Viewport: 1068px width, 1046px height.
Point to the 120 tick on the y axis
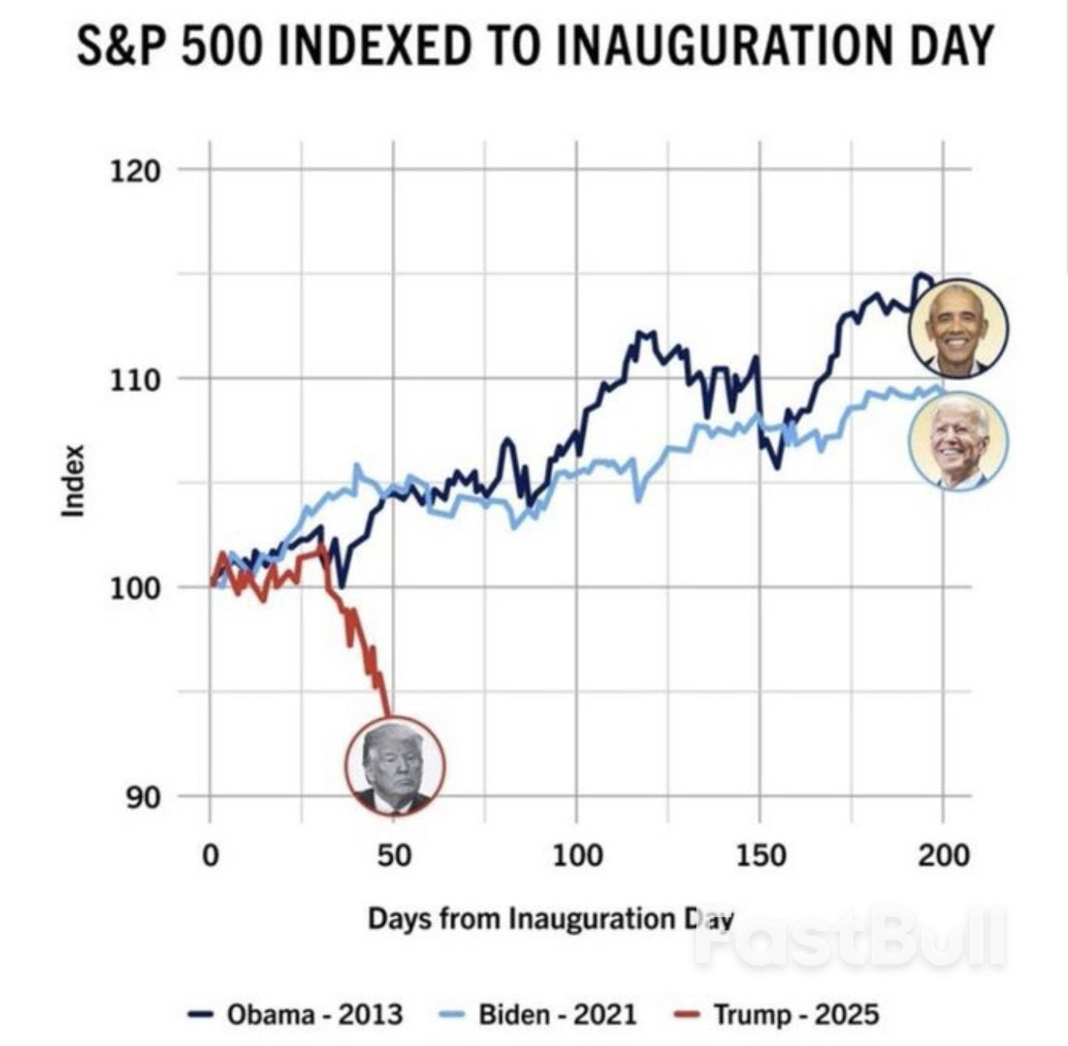[134, 169]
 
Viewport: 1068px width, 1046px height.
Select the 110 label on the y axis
[134, 379]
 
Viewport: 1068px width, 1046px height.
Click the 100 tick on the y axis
[134, 588]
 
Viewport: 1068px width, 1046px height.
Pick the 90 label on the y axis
[143, 798]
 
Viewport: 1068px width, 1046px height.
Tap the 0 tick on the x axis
[210, 856]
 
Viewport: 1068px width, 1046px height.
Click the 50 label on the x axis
[393, 856]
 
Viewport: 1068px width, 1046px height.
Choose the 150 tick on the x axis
[760, 856]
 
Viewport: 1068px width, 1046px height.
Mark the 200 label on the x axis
[943, 856]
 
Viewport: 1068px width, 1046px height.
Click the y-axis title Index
[73, 481]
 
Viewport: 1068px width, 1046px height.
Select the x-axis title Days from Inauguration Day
[550, 919]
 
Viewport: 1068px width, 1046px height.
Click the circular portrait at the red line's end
[395, 766]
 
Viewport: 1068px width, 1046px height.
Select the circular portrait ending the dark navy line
[959, 329]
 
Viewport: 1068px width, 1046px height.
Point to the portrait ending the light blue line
[959, 441]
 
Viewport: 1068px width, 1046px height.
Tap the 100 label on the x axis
[577, 856]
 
